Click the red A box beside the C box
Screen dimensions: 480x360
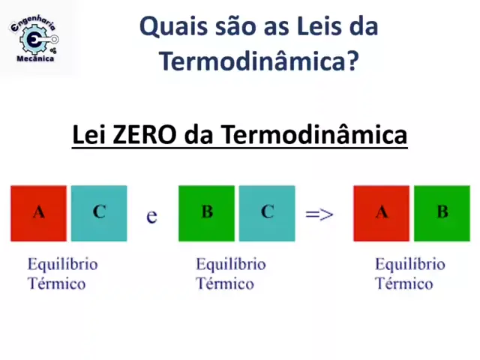(38, 213)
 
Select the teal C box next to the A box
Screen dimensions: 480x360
(99, 213)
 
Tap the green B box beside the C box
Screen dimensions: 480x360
(207, 213)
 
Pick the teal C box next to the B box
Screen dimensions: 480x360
(267, 213)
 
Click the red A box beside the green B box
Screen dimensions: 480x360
(382, 213)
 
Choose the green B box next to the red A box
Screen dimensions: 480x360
(442, 213)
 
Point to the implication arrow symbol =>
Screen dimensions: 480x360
(319, 214)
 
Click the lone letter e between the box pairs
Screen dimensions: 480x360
(151, 217)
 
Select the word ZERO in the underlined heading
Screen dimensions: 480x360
(145, 135)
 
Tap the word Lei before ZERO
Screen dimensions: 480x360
(90, 135)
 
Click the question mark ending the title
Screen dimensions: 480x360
(353, 61)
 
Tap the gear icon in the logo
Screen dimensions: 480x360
(34, 39)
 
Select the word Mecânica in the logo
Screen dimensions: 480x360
(35, 58)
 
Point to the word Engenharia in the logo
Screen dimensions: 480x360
(33, 23)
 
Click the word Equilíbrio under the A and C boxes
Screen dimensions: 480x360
(63, 265)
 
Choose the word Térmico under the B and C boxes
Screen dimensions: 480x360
(225, 283)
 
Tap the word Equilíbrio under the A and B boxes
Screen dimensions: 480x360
(410, 265)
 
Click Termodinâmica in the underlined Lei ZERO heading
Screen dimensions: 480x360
(313, 134)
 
